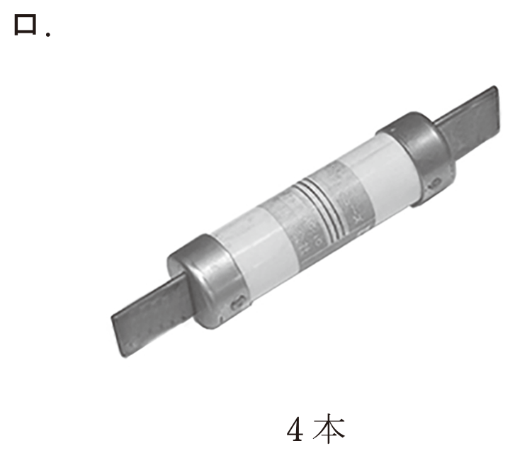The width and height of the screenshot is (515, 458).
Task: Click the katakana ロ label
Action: click(x=26, y=25)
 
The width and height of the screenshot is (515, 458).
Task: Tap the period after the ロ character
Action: click(x=48, y=34)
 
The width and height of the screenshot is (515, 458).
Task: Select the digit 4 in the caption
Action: click(x=295, y=429)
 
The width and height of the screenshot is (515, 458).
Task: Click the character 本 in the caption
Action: click(x=329, y=428)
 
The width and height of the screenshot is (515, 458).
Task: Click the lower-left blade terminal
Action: click(x=152, y=318)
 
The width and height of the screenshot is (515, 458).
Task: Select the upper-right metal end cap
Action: click(x=418, y=159)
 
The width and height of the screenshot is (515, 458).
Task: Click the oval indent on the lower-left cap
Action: click(x=238, y=303)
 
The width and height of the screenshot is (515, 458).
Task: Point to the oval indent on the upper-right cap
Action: click(x=435, y=182)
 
